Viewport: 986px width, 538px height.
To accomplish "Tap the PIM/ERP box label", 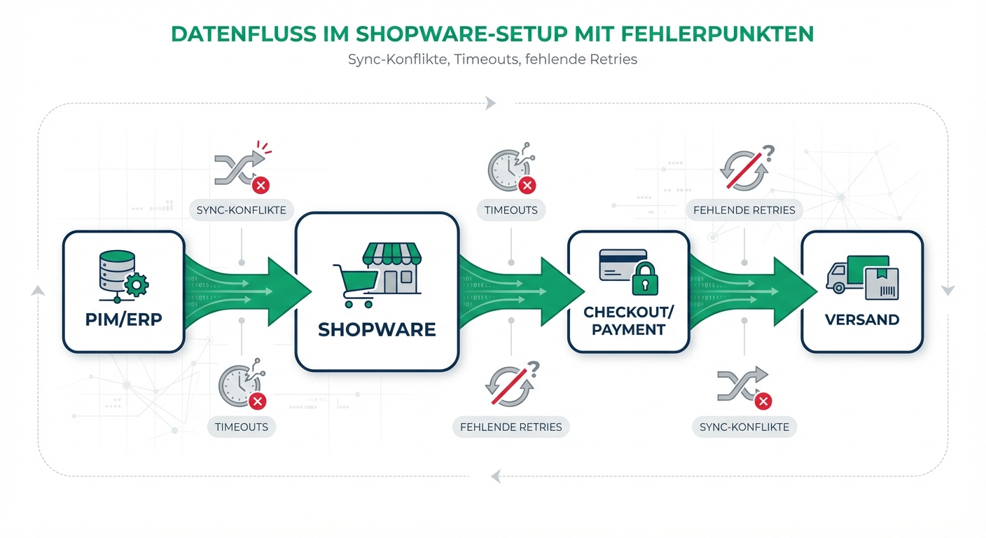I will click(x=123, y=319).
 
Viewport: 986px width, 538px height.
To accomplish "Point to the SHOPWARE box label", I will click(x=377, y=329).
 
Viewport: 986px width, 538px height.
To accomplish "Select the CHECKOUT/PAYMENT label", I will click(x=628, y=320).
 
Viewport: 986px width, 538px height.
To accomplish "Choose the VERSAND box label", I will click(x=862, y=319).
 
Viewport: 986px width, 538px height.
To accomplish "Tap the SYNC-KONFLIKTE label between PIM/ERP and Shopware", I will click(x=242, y=209).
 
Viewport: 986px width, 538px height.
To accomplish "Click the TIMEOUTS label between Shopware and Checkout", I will click(x=511, y=209).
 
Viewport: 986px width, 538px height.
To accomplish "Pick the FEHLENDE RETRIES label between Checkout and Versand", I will click(x=744, y=209).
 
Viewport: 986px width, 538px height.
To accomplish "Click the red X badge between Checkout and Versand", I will click(x=763, y=401).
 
